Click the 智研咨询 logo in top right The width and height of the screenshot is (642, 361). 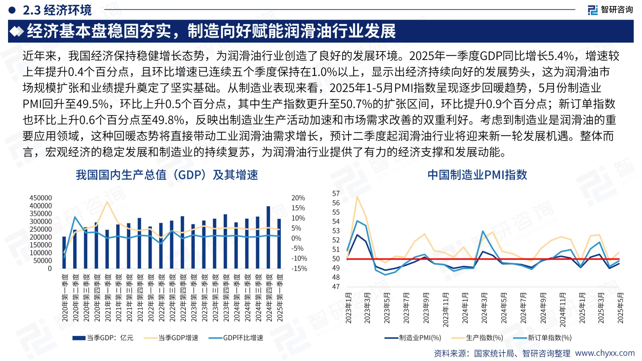click(x=610, y=10)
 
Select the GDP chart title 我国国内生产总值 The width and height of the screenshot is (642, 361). click(x=167, y=174)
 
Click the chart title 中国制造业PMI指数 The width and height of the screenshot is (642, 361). click(x=477, y=174)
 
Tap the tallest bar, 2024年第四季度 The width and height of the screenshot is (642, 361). click(x=268, y=237)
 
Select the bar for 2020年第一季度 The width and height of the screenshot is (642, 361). click(x=64, y=253)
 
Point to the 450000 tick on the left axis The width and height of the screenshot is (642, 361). click(x=41, y=198)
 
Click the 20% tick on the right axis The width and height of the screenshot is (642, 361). click(x=298, y=198)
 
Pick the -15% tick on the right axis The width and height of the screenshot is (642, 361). click(x=299, y=268)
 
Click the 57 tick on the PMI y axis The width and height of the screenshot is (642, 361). click(x=336, y=194)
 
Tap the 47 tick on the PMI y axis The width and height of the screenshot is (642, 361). click(x=336, y=286)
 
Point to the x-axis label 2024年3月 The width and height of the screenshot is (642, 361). click(x=484, y=308)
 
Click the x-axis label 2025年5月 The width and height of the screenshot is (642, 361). click(x=620, y=308)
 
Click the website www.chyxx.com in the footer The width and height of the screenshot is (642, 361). click(x=605, y=353)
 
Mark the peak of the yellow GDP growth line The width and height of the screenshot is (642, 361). click(x=107, y=202)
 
